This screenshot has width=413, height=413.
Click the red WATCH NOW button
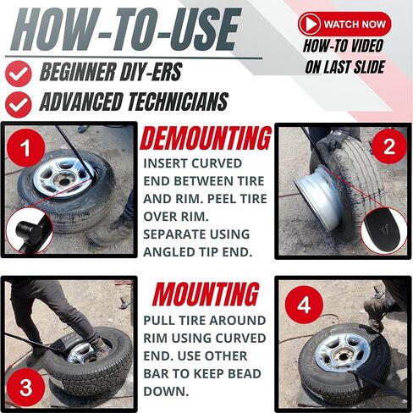pyautogui.click(x=344, y=24)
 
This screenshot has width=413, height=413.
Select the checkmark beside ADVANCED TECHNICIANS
pyautogui.click(x=18, y=103)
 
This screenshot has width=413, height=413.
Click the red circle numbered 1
pyautogui.click(x=28, y=149)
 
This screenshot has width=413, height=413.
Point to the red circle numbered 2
pyautogui.click(x=388, y=147)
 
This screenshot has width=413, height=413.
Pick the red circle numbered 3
pyautogui.click(x=26, y=388)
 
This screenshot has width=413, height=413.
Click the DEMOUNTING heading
pyautogui.click(x=206, y=138)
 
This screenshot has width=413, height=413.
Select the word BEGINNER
pyautogui.click(x=79, y=74)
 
